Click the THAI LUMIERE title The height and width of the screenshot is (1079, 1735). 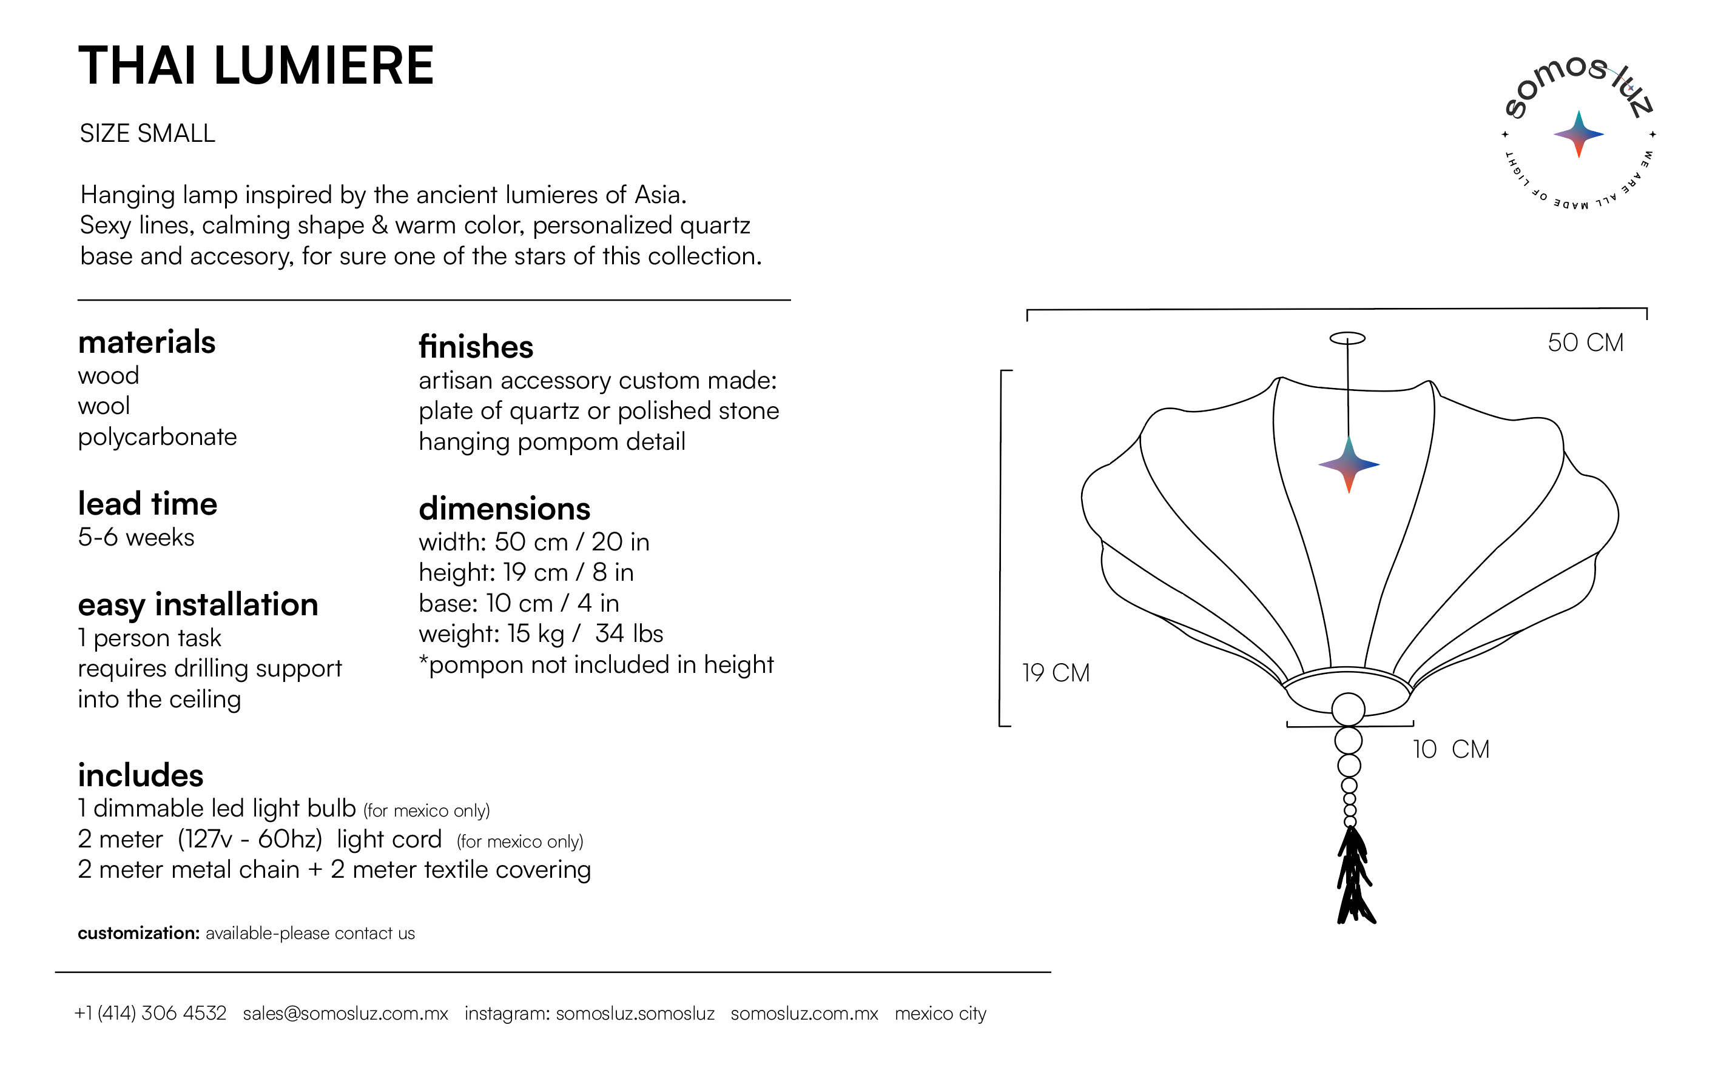pyautogui.click(x=255, y=65)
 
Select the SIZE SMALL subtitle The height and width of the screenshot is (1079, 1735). pyautogui.click(x=147, y=133)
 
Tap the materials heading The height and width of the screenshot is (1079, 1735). pyautogui.click(x=146, y=342)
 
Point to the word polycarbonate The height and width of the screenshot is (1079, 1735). pyautogui.click(x=157, y=436)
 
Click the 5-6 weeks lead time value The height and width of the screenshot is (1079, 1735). pyautogui.click(x=136, y=537)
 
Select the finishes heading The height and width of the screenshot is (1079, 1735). pyautogui.click(x=476, y=347)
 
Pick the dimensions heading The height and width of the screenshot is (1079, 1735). pyautogui.click(x=504, y=509)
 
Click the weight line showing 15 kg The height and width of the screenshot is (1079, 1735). pyautogui.click(x=541, y=633)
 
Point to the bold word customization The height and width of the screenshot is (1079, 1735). pyautogui.click(x=138, y=934)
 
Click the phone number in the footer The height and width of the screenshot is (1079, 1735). pyautogui.click(x=150, y=1014)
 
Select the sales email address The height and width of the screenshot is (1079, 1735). pyautogui.click(x=346, y=1014)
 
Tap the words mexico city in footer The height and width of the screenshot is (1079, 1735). pyautogui.click(x=940, y=1014)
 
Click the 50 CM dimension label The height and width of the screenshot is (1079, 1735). pyautogui.click(x=1585, y=342)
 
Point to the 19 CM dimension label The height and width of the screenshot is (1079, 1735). pyautogui.click(x=1056, y=673)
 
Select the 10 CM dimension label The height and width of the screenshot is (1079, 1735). pyautogui.click(x=1451, y=749)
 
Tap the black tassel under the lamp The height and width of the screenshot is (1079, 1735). pyautogui.click(x=1354, y=878)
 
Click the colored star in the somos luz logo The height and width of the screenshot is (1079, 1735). pyautogui.click(x=1578, y=134)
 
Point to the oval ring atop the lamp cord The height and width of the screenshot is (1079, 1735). pyautogui.click(x=1347, y=338)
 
